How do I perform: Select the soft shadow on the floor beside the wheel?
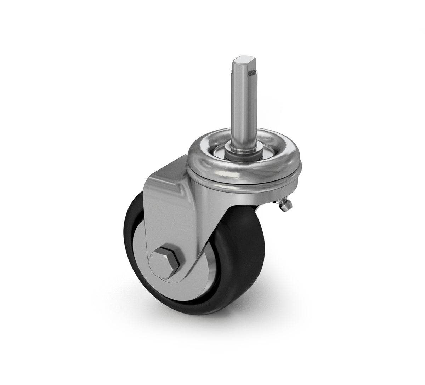pos(248,311)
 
